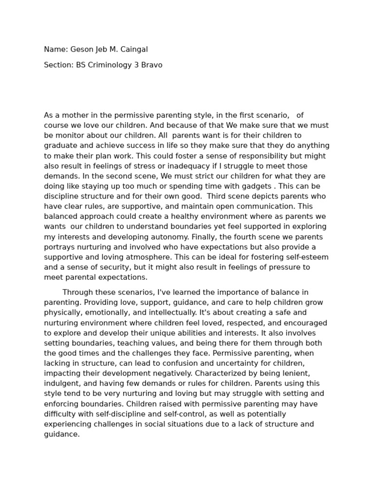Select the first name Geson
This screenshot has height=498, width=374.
click(81, 49)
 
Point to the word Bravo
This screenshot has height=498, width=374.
click(151, 65)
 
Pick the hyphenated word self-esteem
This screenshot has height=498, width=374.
click(302, 257)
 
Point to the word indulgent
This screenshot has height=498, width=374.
click(59, 384)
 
